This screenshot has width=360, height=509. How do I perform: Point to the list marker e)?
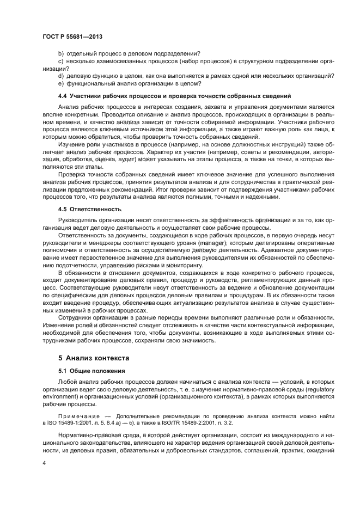pos(61,83)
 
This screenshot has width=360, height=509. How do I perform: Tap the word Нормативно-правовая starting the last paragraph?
pos(91,435)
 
